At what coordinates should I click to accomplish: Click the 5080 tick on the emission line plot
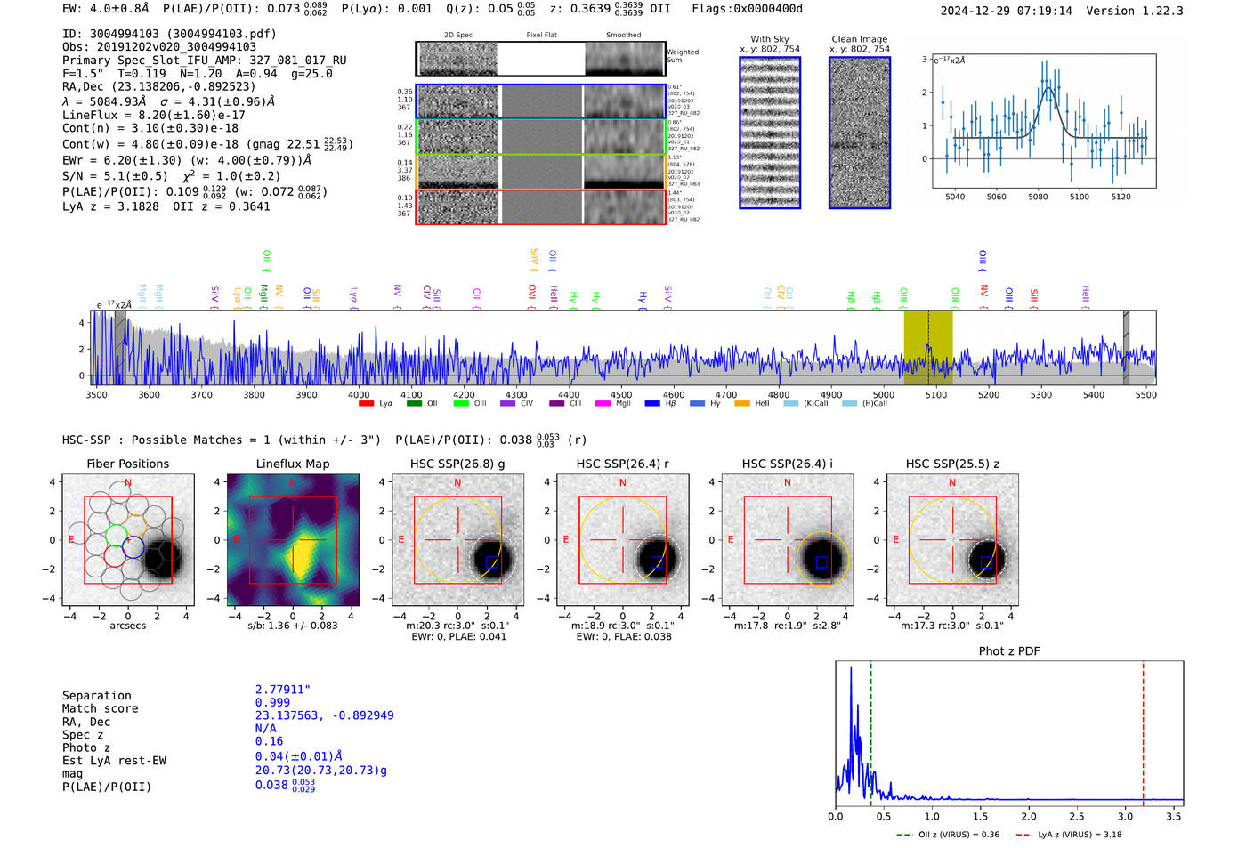(x=1038, y=196)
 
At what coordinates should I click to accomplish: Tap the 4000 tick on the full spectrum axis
(x=359, y=394)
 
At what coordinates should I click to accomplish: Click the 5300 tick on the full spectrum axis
(x=1040, y=394)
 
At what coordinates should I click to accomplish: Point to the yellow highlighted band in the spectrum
(x=927, y=347)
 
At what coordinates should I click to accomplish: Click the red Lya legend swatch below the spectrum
(x=366, y=404)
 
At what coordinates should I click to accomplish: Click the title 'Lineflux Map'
(x=292, y=464)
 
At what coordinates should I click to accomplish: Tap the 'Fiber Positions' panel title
(x=127, y=464)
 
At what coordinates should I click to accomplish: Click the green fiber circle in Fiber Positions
(x=117, y=535)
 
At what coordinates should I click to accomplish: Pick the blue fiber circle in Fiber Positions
(x=133, y=548)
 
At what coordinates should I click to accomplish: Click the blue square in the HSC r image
(x=657, y=561)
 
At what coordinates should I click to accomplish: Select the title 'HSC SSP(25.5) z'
(x=951, y=464)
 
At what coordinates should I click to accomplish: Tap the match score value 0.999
(x=272, y=702)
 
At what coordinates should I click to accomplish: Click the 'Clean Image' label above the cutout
(x=859, y=39)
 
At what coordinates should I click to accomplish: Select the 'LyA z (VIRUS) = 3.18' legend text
(x=1080, y=835)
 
